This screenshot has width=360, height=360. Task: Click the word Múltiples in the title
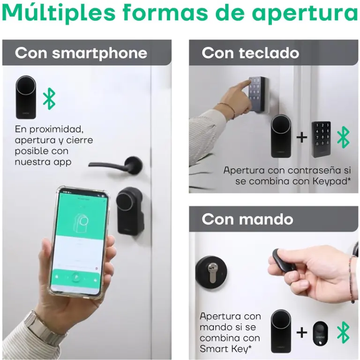tap(58, 13)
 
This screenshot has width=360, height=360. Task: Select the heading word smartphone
tap(99, 53)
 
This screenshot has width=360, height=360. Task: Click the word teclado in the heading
tap(269, 53)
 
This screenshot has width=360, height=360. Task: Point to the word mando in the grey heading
tap(266, 219)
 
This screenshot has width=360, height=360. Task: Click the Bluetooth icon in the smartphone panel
tap(49, 99)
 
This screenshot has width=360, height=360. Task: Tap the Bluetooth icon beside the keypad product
tap(343, 137)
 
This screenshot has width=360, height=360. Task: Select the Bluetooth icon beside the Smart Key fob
tap(343, 332)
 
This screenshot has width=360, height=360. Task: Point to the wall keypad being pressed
tap(259, 95)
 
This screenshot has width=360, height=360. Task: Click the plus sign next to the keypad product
tap(302, 137)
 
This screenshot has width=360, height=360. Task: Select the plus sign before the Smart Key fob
tap(302, 333)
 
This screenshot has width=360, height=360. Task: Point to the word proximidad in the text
tap(56, 129)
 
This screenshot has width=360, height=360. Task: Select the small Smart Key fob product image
tap(321, 333)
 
